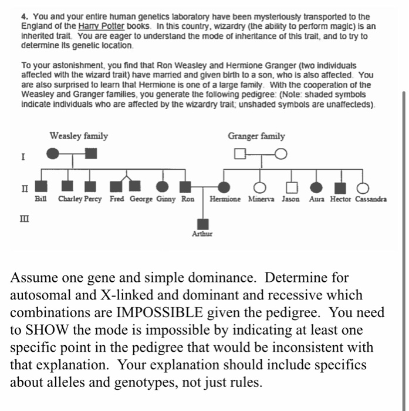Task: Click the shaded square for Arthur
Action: [x=203, y=224]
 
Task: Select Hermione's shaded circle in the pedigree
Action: [x=224, y=187]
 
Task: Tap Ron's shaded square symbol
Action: [x=186, y=187]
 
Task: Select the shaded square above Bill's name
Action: [x=40, y=187]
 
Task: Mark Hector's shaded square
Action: [x=340, y=187]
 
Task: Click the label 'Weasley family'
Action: [x=79, y=136]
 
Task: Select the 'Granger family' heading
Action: [x=256, y=136]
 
